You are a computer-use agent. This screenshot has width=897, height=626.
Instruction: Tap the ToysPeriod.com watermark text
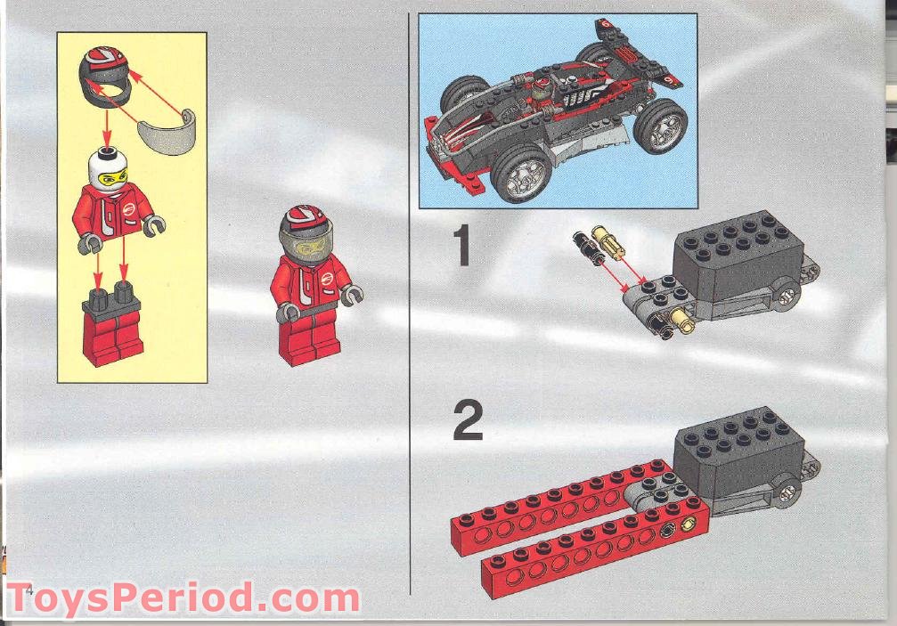click(183, 598)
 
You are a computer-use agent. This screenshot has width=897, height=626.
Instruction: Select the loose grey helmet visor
click(167, 126)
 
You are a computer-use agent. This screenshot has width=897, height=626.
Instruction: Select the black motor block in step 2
click(738, 445)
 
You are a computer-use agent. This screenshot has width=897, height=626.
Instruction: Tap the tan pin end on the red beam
click(687, 526)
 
